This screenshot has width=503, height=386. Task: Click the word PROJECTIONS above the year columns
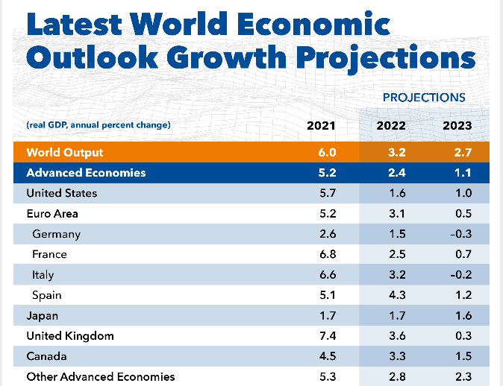[x=424, y=98]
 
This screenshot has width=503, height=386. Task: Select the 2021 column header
[x=322, y=125]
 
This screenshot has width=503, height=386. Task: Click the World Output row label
[x=65, y=153]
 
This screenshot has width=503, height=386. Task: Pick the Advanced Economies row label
[x=86, y=173]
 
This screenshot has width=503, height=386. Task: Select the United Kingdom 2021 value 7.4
[x=327, y=336]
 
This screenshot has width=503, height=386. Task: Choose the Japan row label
[x=42, y=316]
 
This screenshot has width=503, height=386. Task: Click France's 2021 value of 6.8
[x=327, y=255]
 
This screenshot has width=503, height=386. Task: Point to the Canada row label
[x=46, y=356]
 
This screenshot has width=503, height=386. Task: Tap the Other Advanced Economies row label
[x=100, y=377]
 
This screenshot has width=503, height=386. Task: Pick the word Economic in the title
[x=328, y=24]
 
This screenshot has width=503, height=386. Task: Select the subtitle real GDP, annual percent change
[x=99, y=125]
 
